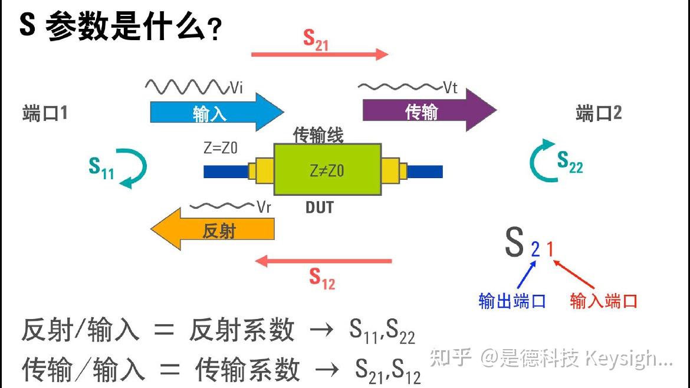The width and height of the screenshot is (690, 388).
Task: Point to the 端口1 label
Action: click(x=45, y=113)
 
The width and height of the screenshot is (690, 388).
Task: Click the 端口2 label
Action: click(x=599, y=113)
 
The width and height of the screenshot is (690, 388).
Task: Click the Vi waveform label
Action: click(x=236, y=88)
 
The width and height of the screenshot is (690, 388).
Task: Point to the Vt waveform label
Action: click(x=450, y=88)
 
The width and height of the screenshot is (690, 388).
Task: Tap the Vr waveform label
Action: click(x=263, y=207)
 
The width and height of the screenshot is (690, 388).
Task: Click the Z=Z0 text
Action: click(x=221, y=149)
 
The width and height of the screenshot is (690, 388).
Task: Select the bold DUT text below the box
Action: click(x=319, y=208)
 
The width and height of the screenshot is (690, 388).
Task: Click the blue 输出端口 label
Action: click(x=512, y=301)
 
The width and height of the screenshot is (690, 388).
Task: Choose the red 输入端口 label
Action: click(x=603, y=301)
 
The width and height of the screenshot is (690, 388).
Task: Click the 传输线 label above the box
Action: click(x=318, y=136)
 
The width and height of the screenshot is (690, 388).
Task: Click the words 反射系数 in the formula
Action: click(x=241, y=330)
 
